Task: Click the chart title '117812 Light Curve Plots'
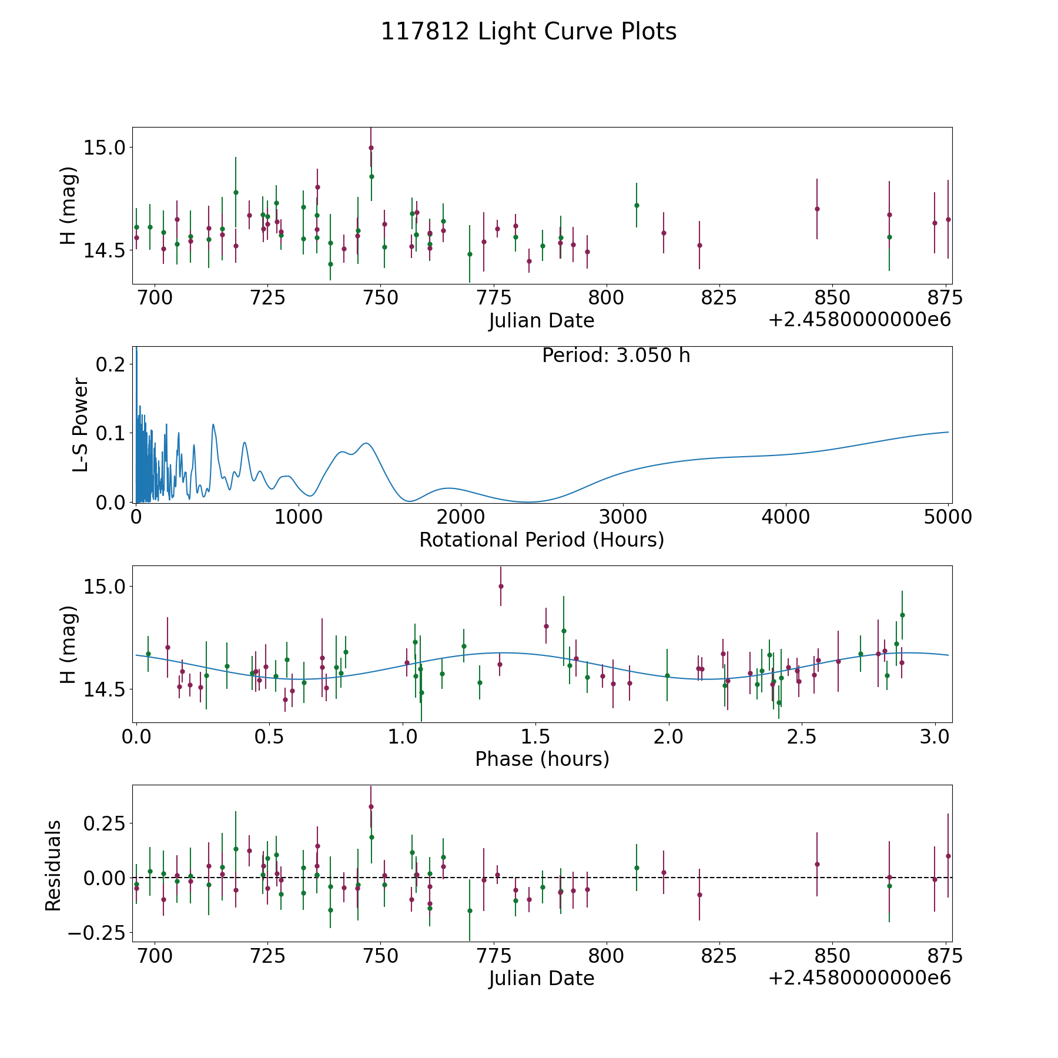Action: [x=528, y=32]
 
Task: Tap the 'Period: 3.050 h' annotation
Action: [x=616, y=356]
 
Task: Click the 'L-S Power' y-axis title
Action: [x=81, y=425]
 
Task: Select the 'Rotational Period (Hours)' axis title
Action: [x=541, y=540]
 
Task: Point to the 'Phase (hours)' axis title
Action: [x=542, y=759]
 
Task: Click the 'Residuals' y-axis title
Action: [x=53, y=865]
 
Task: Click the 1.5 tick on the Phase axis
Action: [x=535, y=736]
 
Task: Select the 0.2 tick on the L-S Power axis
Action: [x=111, y=364]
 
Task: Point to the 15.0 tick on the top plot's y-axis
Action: [x=105, y=148]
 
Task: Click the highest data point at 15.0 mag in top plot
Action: [x=371, y=148]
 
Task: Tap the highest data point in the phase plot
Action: [x=501, y=586]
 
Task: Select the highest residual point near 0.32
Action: [x=371, y=806]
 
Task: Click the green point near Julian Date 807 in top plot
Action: [x=637, y=205]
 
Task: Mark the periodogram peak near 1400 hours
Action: [x=366, y=443]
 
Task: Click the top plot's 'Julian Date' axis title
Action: [x=541, y=321]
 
